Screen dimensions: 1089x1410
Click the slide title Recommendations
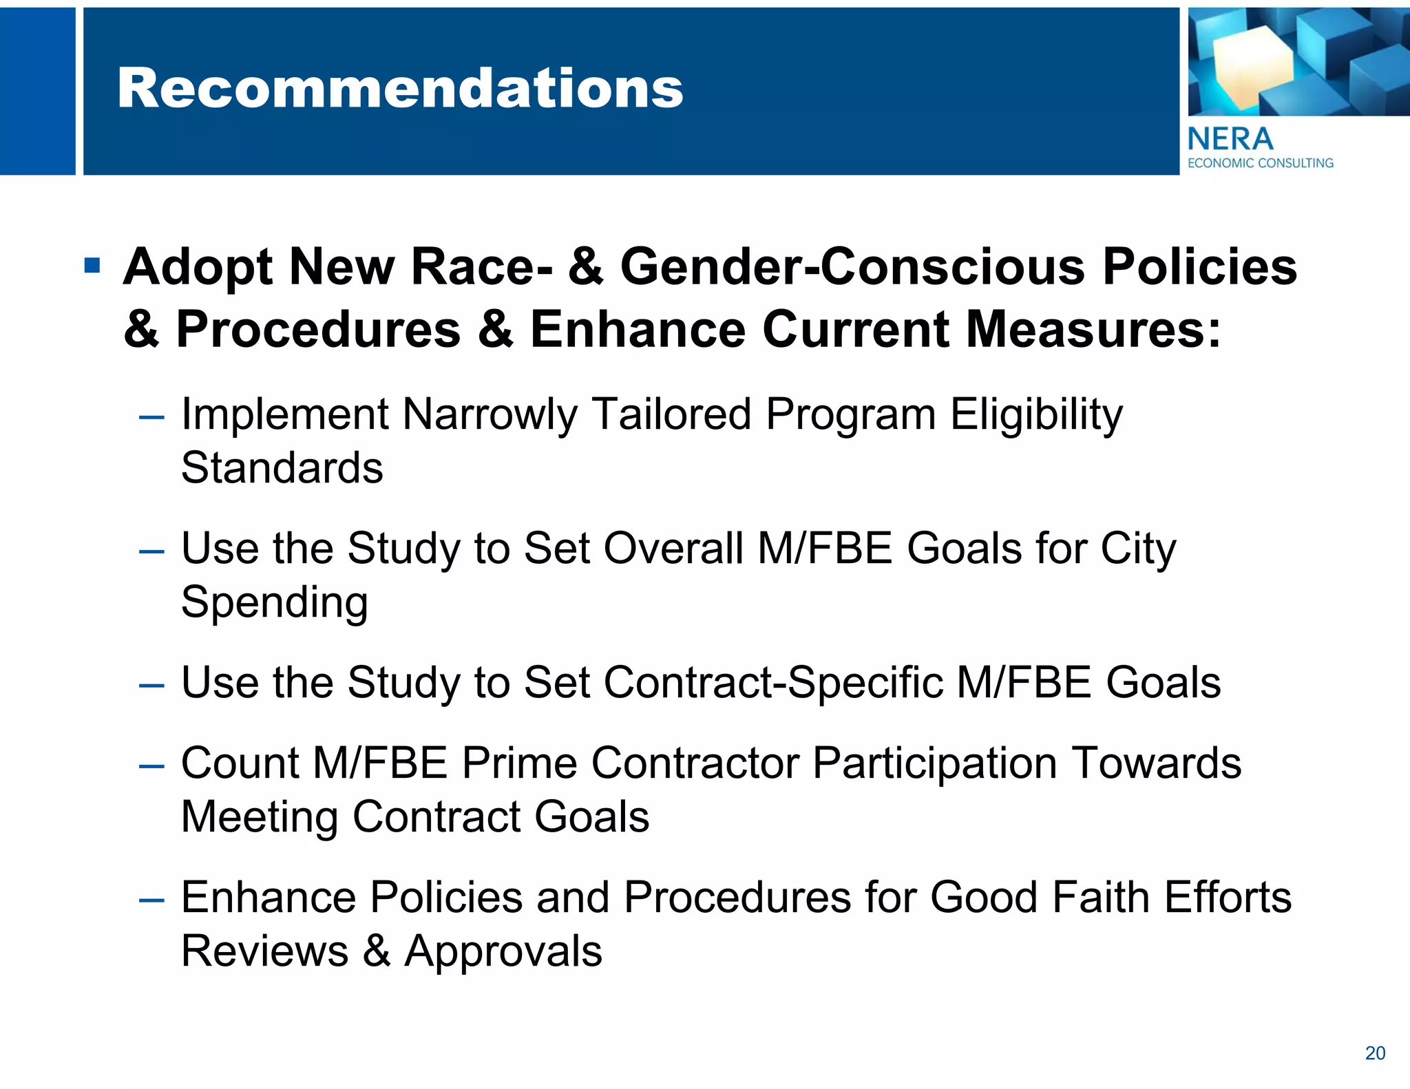point(400,89)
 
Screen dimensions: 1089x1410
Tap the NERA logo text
point(1230,140)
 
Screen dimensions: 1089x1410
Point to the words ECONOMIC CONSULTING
point(1261,163)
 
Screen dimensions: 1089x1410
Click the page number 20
point(1375,1053)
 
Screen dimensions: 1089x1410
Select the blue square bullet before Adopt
point(92,265)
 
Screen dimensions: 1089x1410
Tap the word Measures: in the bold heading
point(1094,329)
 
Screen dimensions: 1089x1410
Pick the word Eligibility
point(1037,415)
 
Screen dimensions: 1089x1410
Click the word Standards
point(282,468)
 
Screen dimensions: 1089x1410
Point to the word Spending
point(274,602)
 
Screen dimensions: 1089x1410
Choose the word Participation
point(934,763)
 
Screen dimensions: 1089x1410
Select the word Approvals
point(503,951)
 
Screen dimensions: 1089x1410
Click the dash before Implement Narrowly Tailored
point(151,417)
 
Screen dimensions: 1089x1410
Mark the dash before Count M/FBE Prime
point(151,765)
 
